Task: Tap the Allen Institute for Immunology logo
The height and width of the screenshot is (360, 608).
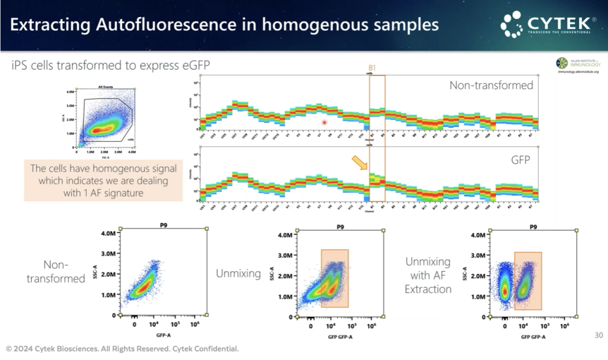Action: [x=578, y=65]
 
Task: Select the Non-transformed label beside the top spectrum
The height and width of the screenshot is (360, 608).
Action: [x=491, y=85]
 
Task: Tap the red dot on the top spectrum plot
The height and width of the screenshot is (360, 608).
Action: [x=325, y=122]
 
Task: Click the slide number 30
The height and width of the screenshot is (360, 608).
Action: [x=598, y=335]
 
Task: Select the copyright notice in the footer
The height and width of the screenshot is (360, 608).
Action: [x=122, y=349]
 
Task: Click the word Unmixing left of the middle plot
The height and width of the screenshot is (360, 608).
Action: [x=238, y=273]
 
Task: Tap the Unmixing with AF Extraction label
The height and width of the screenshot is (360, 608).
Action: [x=428, y=275]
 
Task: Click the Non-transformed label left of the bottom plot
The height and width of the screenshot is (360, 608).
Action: [x=56, y=271]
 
